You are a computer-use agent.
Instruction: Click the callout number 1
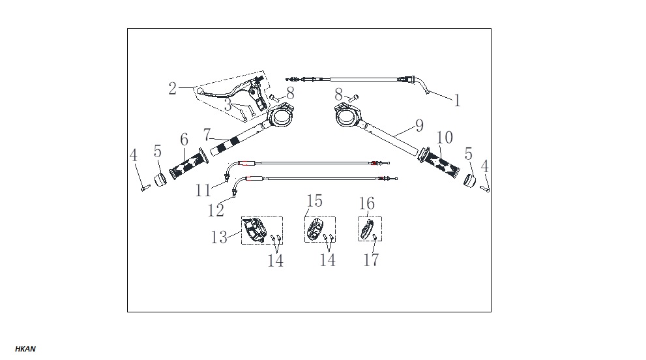pos(457,100)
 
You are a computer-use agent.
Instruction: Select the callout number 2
pos(173,88)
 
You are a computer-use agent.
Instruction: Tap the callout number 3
pos(228,105)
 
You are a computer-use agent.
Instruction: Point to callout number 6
pos(184,140)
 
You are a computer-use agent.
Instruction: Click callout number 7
pos(207,135)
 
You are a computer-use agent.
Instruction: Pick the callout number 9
pos(419,125)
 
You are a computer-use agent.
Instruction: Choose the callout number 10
pos(445,138)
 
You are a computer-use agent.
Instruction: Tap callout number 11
pos(203,190)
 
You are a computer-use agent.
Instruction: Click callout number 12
pos(216,210)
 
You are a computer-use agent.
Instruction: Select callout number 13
pos(219,237)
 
